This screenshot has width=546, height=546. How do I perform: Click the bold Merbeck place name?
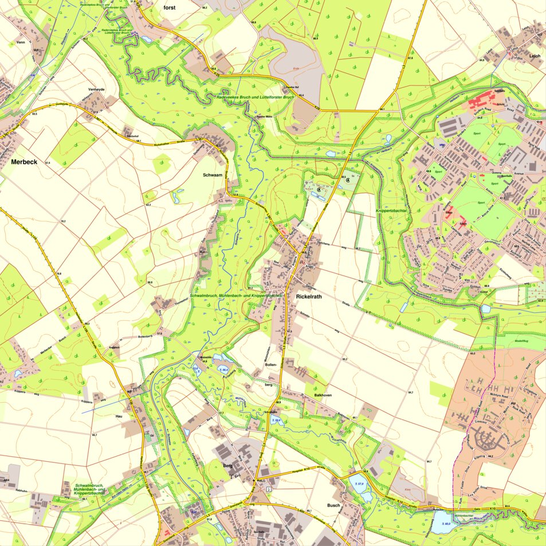coord(24,162)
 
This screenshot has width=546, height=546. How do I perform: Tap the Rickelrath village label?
coord(310,297)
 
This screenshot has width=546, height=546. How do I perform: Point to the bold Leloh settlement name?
coord(535,56)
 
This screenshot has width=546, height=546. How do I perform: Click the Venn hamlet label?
coord(21,42)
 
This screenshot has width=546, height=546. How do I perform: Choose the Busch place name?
coord(333,505)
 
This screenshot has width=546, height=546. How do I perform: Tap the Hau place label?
coord(119,416)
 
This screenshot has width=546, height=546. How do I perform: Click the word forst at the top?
coord(170,7)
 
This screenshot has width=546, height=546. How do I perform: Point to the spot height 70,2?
coord(63,221)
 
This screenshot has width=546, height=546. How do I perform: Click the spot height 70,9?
coord(58,274)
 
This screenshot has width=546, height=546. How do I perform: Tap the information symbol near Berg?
coord(269,489)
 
